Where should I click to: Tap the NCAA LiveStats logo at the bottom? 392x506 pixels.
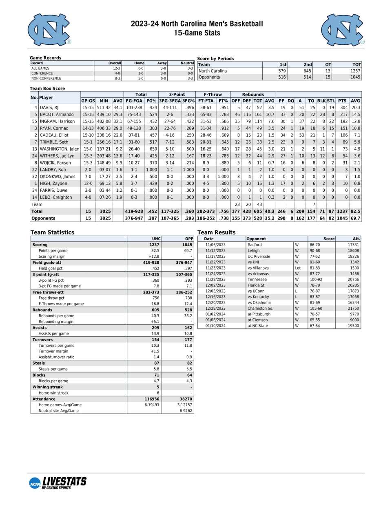click(x=58, y=483)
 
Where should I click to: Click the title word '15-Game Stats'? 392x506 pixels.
click(x=197, y=33)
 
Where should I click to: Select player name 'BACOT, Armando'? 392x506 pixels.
click(x=57, y=114)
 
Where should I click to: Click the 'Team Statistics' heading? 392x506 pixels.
click(x=52, y=232)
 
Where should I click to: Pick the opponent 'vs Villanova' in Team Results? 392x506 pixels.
click(x=258, y=268)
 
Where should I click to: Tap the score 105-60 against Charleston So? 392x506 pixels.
click(x=316, y=308)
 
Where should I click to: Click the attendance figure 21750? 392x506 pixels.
click(x=353, y=308)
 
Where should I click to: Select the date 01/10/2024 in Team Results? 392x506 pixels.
click(x=215, y=326)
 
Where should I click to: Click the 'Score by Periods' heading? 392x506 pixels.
click(x=215, y=59)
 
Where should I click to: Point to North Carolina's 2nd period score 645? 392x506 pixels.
click(x=307, y=71)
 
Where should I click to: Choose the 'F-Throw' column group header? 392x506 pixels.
click(x=213, y=94)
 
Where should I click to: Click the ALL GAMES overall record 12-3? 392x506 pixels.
click(x=116, y=68)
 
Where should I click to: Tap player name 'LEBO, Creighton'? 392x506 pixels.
click(x=56, y=197)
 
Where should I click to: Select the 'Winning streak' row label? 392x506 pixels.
click(x=48, y=387)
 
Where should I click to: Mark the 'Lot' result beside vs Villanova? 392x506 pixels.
click(x=298, y=268)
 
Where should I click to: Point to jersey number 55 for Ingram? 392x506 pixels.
click(x=34, y=121)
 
